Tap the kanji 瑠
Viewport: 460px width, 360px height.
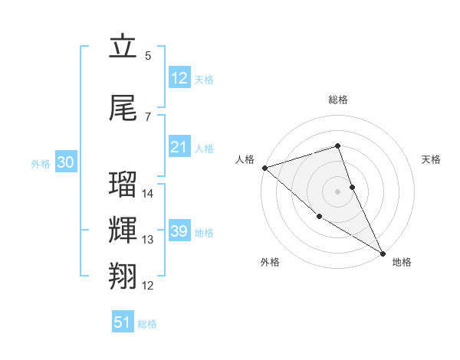(x=123, y=185)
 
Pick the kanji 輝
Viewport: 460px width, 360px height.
(x=123, y=229)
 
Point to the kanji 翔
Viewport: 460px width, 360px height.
(x=123, y=275)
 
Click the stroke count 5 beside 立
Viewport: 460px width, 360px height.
(x=148, y=56)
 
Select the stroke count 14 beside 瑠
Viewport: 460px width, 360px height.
(x=148, y=194)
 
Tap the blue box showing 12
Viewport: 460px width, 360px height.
(x=179, y=78)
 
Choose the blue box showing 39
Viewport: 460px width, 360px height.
(x=179, y=231)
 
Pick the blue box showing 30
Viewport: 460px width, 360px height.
(x=65, y=162)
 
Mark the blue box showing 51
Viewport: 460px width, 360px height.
(x=122, y=322)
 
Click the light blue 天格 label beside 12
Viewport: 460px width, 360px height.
(x=204, y=80)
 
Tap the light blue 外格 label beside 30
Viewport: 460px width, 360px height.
(x=41, y=163)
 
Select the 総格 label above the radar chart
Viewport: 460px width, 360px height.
(x=338, y=100)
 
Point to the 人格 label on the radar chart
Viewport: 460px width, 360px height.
(x=245, y=159)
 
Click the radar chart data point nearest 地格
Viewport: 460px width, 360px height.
(x=383, y=253)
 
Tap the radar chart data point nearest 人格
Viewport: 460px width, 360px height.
(x=264, y=168)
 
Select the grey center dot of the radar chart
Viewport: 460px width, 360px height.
(x=338, y=191)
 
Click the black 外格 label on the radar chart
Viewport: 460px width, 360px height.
(x=270, y=263)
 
